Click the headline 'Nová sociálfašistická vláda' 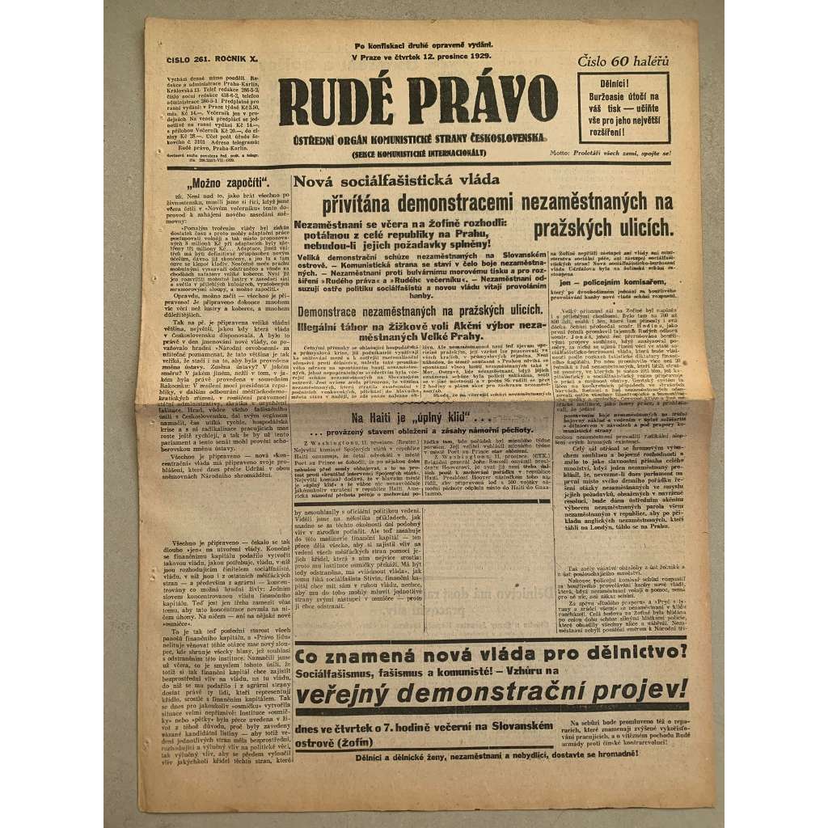click(397, 182)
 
